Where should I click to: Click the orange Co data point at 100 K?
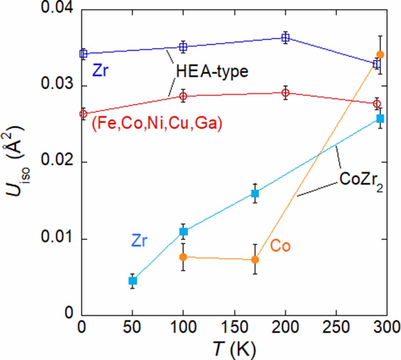click(183, 257)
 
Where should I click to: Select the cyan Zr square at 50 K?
click(133, 280)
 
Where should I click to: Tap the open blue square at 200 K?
click(285, 37)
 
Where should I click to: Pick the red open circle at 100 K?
click(183, 96)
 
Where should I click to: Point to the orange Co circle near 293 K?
click(380, 55)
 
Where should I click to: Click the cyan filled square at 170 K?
click(255, 193)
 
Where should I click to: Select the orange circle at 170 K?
click(255, 259)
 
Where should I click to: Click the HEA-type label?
click(212, 72)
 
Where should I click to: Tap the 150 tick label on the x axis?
click(235, 328)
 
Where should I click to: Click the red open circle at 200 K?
click(285, 93)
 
